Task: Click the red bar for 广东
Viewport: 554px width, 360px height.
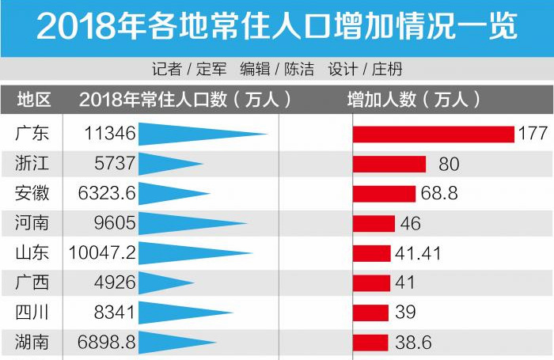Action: click(433, 134)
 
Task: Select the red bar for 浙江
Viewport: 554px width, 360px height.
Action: click(389, 164)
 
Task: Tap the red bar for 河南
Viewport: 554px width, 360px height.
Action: click(374, 223)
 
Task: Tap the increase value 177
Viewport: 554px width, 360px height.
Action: click(532, 134)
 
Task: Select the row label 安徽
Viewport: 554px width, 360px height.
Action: click(32, 194)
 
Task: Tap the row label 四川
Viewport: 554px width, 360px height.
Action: click(32, 313)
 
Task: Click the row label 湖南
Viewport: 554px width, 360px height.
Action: click(32, 343)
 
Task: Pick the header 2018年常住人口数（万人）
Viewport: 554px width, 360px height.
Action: click(185, 100)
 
